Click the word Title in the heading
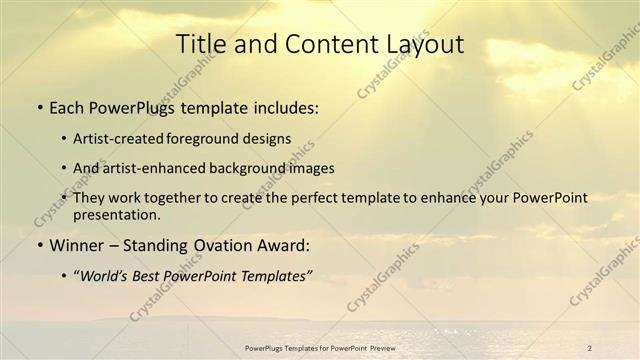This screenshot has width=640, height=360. click(199, 43)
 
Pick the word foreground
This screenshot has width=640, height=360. click(218, 138)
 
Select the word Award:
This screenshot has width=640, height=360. click(288, 244)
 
